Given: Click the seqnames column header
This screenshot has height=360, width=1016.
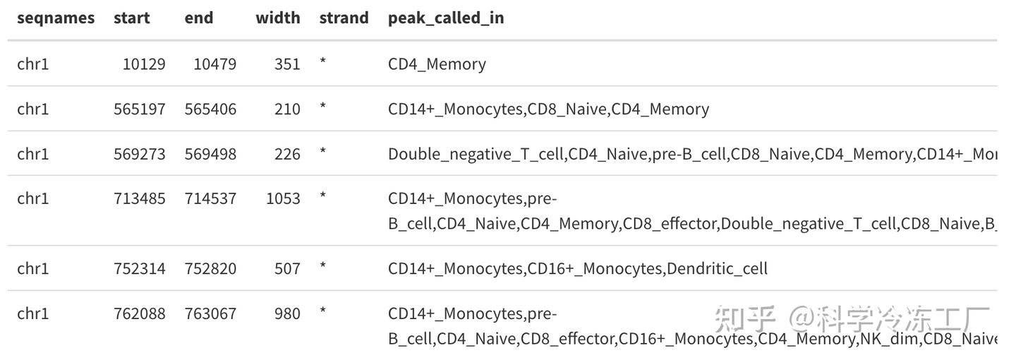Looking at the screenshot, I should (56, 18).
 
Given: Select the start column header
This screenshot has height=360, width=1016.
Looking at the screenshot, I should (131, 18).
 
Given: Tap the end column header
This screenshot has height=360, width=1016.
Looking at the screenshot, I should (199, 18).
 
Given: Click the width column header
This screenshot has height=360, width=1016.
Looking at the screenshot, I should (277, 18).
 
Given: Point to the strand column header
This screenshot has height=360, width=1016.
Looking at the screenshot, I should (344, 18).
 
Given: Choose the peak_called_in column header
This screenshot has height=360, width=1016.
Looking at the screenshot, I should (446, 18).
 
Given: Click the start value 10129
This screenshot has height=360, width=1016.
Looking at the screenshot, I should (144, 64).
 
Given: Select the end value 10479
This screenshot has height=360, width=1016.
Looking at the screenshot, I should (214, 64).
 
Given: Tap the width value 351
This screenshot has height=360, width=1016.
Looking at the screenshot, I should (287, 64).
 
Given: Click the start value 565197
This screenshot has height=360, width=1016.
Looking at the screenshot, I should (140, 109).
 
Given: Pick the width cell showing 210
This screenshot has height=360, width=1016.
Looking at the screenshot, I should (287, 109).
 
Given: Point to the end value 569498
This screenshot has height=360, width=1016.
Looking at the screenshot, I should (210, 154).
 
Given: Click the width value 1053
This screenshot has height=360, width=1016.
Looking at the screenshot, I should (283, 199).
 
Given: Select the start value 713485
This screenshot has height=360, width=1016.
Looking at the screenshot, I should (140, 199).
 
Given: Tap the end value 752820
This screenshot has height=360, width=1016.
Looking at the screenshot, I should (210, 269).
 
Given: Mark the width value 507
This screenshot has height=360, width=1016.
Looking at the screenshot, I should (287, 269).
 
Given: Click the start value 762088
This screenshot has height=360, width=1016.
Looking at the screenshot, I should (140, 313).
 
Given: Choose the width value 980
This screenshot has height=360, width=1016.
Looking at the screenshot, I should (287, 313).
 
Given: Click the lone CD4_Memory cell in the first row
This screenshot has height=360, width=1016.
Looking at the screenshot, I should (437, 64).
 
